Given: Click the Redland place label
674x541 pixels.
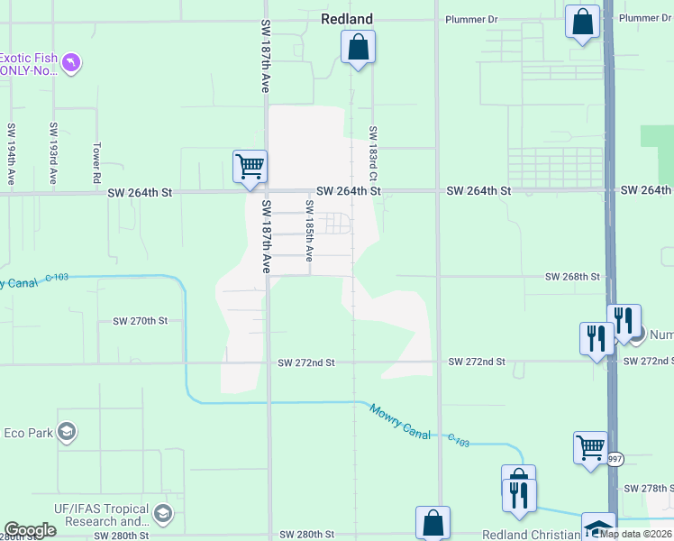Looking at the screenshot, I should coord(347,18).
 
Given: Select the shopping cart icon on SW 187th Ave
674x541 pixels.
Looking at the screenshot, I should coord(250,167).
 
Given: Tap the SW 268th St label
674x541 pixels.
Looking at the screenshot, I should coord(572,277).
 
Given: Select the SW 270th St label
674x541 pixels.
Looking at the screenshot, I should coord(140,321).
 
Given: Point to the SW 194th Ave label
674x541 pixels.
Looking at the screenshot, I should coord(11,154).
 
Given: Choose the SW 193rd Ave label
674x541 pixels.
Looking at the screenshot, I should coord(54,154).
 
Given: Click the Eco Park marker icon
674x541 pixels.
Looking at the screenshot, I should coord(66,433).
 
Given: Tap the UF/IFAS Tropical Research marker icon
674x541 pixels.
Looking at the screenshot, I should coord(162,514).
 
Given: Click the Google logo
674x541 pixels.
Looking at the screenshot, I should coord(29,530).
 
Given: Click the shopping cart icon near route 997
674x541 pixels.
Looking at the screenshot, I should coord(590,447).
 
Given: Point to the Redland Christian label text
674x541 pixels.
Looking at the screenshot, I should coord(531,535).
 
